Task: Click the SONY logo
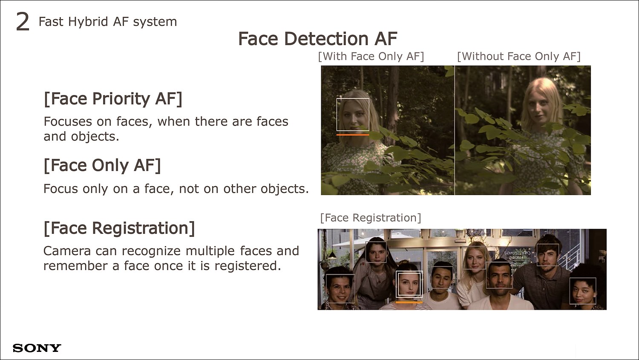tap(37, 348)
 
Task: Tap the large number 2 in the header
tap(23, 22)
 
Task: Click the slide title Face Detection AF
tap(318, 38)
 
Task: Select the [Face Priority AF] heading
tap(113, 99)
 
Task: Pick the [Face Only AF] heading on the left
tap(102, 165)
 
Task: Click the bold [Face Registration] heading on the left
tap(119, 228)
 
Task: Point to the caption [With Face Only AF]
tap(371, 57)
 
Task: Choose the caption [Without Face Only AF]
tap(519, 57)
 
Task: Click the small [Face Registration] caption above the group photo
tap(371, 218)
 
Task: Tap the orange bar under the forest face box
tap(353, 135)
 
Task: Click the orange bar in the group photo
tap(409, 302)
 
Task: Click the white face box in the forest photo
tap(337, 114)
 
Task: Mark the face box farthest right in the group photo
tap(570, 291)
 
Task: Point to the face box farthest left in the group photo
tap(326, 288)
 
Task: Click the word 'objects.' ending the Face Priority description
tap(95, 137)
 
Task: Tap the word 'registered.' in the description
tap(248, 266)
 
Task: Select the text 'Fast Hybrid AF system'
tap(108, 22)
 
